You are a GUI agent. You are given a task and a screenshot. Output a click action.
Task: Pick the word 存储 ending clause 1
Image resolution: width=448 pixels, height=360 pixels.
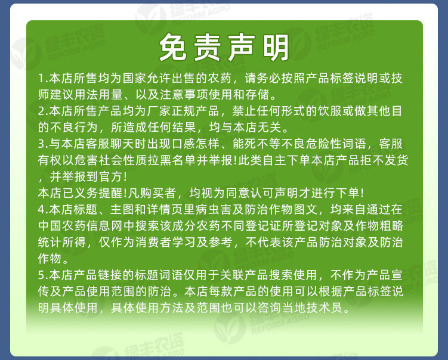click(260, 95)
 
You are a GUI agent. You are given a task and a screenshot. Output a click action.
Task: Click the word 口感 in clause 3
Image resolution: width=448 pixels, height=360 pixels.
click(178, 144)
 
